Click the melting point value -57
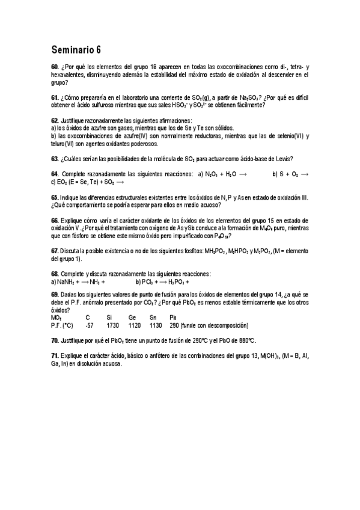click(90, 325)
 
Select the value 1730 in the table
click(112, 325)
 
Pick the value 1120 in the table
click(134, 325)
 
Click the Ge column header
click(133, 318)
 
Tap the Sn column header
click(153, 318)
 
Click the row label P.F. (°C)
click(62, 325)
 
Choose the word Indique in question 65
click(71, 197)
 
